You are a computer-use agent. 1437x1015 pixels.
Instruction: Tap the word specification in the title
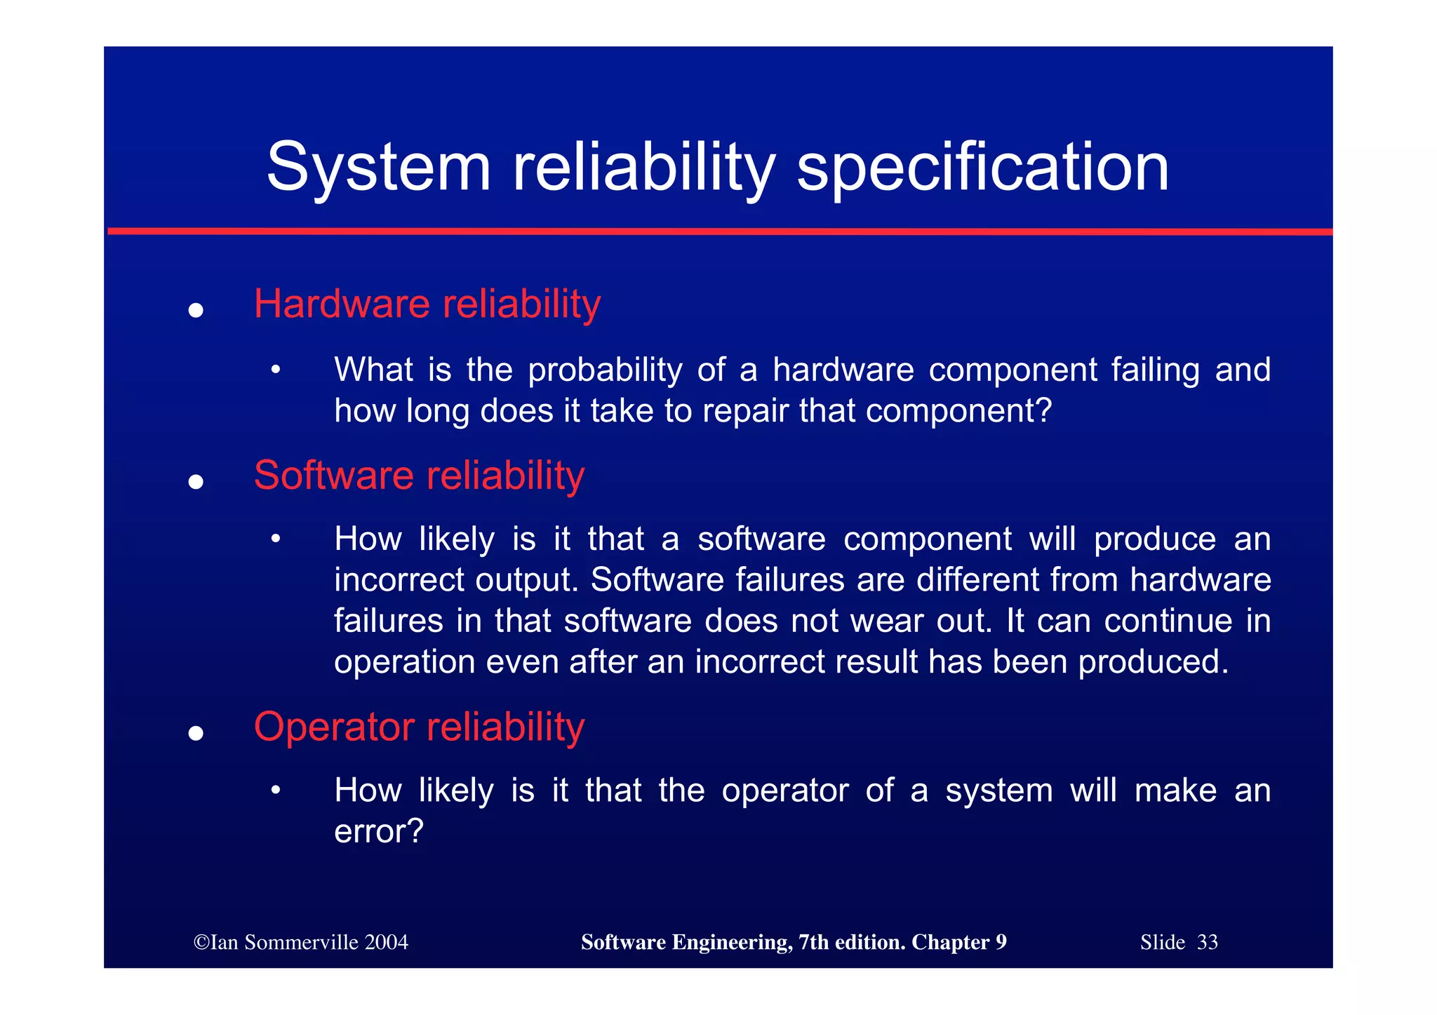pyautogui.click(x=983, y=168)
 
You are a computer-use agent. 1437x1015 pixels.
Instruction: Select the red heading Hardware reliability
pyautogui.click(x=427, y=304)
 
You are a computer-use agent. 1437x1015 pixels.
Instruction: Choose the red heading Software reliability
pyautogui.click(x=419, y=476)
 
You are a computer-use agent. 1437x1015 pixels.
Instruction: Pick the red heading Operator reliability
pyautogui.click(x=419, y=727)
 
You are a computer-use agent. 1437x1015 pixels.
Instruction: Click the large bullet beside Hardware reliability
pyautogui.click(x=196, y=311)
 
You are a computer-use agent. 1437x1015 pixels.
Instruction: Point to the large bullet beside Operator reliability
pyautogui.click(x=196, y=734)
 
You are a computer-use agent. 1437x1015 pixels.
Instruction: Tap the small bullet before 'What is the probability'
pyautogui.click(x=276, y=370)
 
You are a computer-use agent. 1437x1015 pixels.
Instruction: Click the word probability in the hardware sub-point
pyautogui.click(x=605, y=370)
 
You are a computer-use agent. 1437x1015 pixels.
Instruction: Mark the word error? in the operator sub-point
pyautogui.click(x=379, y=832)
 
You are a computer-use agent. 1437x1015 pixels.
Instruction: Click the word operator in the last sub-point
pyautogui.click(x=785, y=791)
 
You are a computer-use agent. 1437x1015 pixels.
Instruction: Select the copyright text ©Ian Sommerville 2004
pyautogui.click(x=301, y=942)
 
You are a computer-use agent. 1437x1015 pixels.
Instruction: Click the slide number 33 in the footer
pyautogui.click(x=1208, y=942)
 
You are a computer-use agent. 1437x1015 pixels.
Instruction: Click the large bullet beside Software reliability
pyautogui.click(x=196, y=482)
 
